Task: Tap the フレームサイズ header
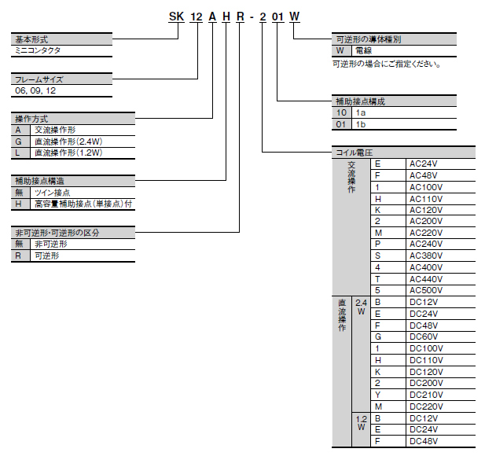39,79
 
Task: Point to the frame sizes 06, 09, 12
35,90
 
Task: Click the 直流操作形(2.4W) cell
68,142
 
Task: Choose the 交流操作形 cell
54,130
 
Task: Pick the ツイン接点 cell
52,193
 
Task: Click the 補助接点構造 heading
39,181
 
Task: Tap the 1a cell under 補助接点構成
362,113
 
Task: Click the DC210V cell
424,395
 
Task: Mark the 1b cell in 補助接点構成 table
362,124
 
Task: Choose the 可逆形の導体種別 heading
369,39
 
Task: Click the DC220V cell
424,406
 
